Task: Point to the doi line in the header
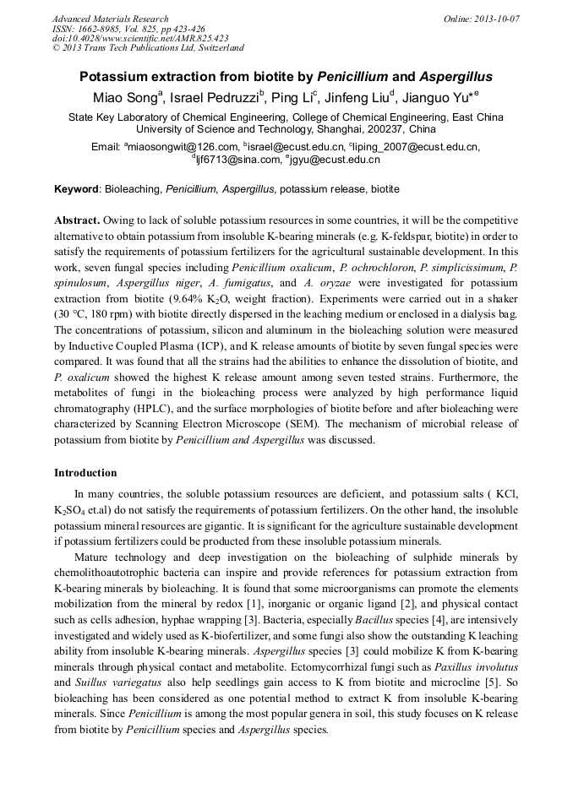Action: (x=140, y=38)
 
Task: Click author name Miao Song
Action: (x=116, y=98)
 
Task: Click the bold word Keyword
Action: (x=77, y=189)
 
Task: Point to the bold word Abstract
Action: (x=77, y=219)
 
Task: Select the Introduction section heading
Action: (x=85, y=472)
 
